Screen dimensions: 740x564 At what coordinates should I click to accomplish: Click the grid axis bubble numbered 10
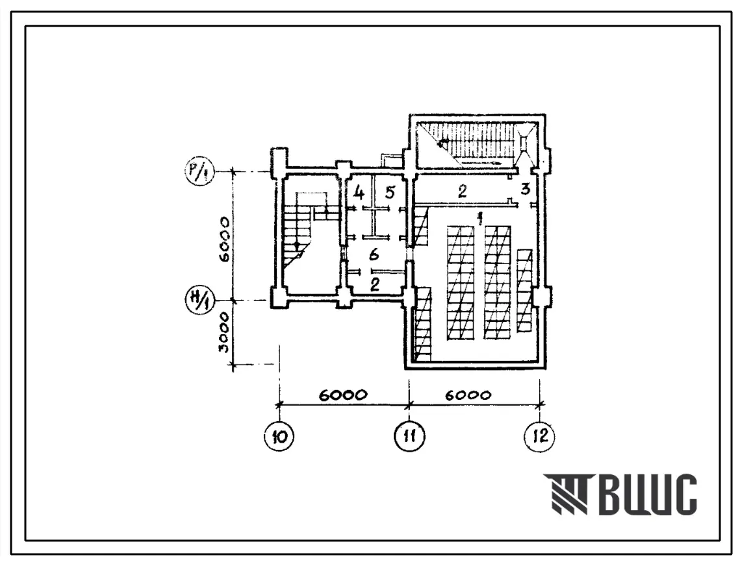pos(279,437)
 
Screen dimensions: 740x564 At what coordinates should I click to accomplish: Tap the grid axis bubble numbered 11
pos(409,436)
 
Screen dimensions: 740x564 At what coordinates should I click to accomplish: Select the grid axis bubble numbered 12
pos(539,436)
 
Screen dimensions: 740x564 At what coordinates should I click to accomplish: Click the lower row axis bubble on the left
pos(199,299)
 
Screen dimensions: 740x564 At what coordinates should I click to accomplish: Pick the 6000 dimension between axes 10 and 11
pos(343,395)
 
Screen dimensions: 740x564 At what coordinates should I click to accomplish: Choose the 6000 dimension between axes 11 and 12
pos(468,395)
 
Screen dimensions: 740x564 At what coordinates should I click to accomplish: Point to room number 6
pos(374,255)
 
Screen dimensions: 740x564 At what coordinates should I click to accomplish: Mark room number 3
pos(525,189)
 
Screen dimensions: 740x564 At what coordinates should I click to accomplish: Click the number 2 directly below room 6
pos(375,284)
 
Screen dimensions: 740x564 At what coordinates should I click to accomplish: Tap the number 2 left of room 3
pos(462,191)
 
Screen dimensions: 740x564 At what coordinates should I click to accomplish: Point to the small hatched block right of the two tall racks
pos(525,291)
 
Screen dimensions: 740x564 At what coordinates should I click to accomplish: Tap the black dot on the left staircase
pos(296,245)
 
